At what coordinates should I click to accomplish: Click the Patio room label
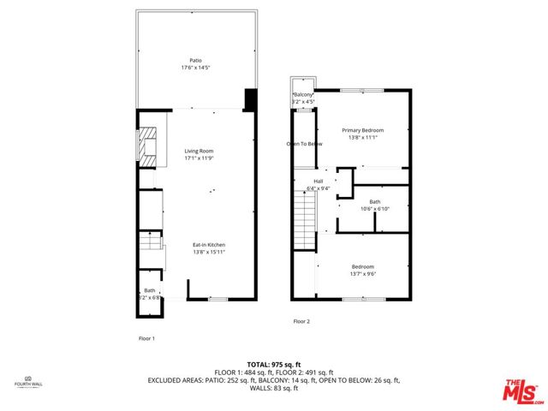tap(195, 60)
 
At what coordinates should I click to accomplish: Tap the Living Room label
tap(198, 151)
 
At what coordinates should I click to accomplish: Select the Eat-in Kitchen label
tap(208, 246)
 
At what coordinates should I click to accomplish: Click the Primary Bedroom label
tap(363, 130)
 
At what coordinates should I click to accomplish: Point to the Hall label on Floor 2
tap(319, 182)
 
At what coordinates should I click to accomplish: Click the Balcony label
tap(304, 94)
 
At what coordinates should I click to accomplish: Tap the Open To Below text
tap(304, 144)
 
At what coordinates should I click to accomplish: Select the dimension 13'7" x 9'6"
tap(362, 275)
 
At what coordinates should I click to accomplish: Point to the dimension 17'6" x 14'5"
tap(195, 68)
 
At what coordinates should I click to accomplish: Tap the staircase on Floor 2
tap(301, 219)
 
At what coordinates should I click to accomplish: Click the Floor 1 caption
tap(146, 338)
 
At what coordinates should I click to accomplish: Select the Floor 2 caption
tap(301, 321)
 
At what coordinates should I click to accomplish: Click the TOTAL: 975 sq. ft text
tap(273, 362)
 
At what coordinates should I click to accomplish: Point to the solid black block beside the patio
tap(250, 99)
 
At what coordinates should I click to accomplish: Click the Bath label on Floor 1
tap(150, 290)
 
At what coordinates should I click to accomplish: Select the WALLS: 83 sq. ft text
tap(273, 388)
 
